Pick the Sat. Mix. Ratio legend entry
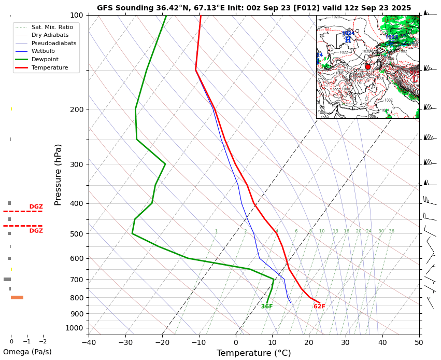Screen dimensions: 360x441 (51, 26)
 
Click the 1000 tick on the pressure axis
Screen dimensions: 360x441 (75, 328)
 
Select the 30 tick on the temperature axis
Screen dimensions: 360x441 (346, 342)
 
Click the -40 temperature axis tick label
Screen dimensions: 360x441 (89, 342)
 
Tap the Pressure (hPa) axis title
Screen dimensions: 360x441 (58, 174)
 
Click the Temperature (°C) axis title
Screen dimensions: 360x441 (253, 353)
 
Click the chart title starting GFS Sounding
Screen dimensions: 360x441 (253, 8)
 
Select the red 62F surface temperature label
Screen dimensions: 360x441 (319, 307)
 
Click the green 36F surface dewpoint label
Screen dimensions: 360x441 (267, 307)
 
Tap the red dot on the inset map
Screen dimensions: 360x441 (368, 67)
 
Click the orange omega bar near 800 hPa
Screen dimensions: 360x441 (17, 297)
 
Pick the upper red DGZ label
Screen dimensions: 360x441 (36, 206)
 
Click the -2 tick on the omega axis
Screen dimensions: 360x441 (42, 341)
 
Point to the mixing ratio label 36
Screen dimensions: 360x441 (392, 231)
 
